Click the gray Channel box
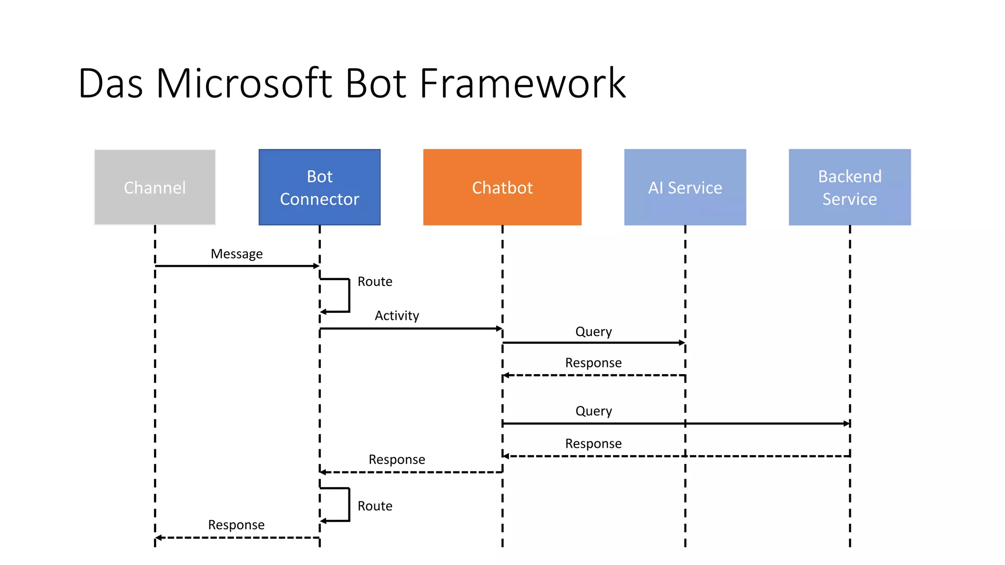[x=155, y=187]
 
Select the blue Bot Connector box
[x=319, y=187]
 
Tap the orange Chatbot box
[x=502, y=187]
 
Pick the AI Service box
[x=685, y=187]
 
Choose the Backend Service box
[x=849, y=187]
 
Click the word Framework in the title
[x=523, y=83]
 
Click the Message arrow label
[x=237, y=254]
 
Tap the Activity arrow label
[x=397, y=315]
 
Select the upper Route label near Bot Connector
[x=375, y=282]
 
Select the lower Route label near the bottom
[x=375, y=506]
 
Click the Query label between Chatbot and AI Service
[x=593, y=332]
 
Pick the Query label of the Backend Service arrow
[x=593, y=411]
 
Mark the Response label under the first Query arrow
[x=593, y=363]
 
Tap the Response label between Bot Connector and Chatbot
[x=397, y=460]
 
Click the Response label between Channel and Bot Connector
[x=236, y=525]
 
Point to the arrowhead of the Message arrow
[x=317, y=266]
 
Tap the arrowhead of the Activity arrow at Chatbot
[x=499, y=329]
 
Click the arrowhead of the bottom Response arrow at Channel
[x=159, y=538]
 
